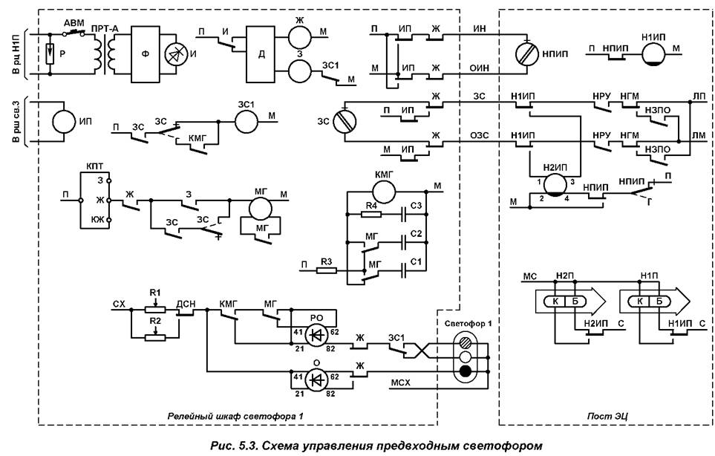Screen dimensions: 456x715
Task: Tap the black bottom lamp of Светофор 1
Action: pos(466,370)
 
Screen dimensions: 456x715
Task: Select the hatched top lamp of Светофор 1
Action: pos(466,343)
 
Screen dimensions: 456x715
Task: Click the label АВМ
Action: pos(74,22)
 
